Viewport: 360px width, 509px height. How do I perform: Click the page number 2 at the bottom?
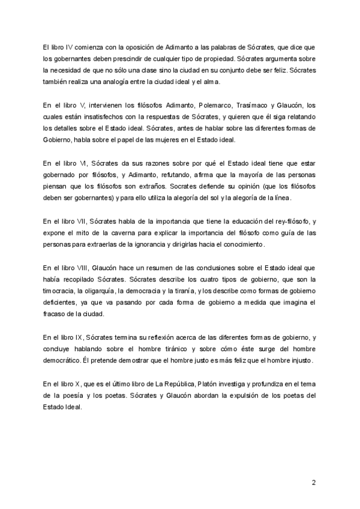click(314, 483)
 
